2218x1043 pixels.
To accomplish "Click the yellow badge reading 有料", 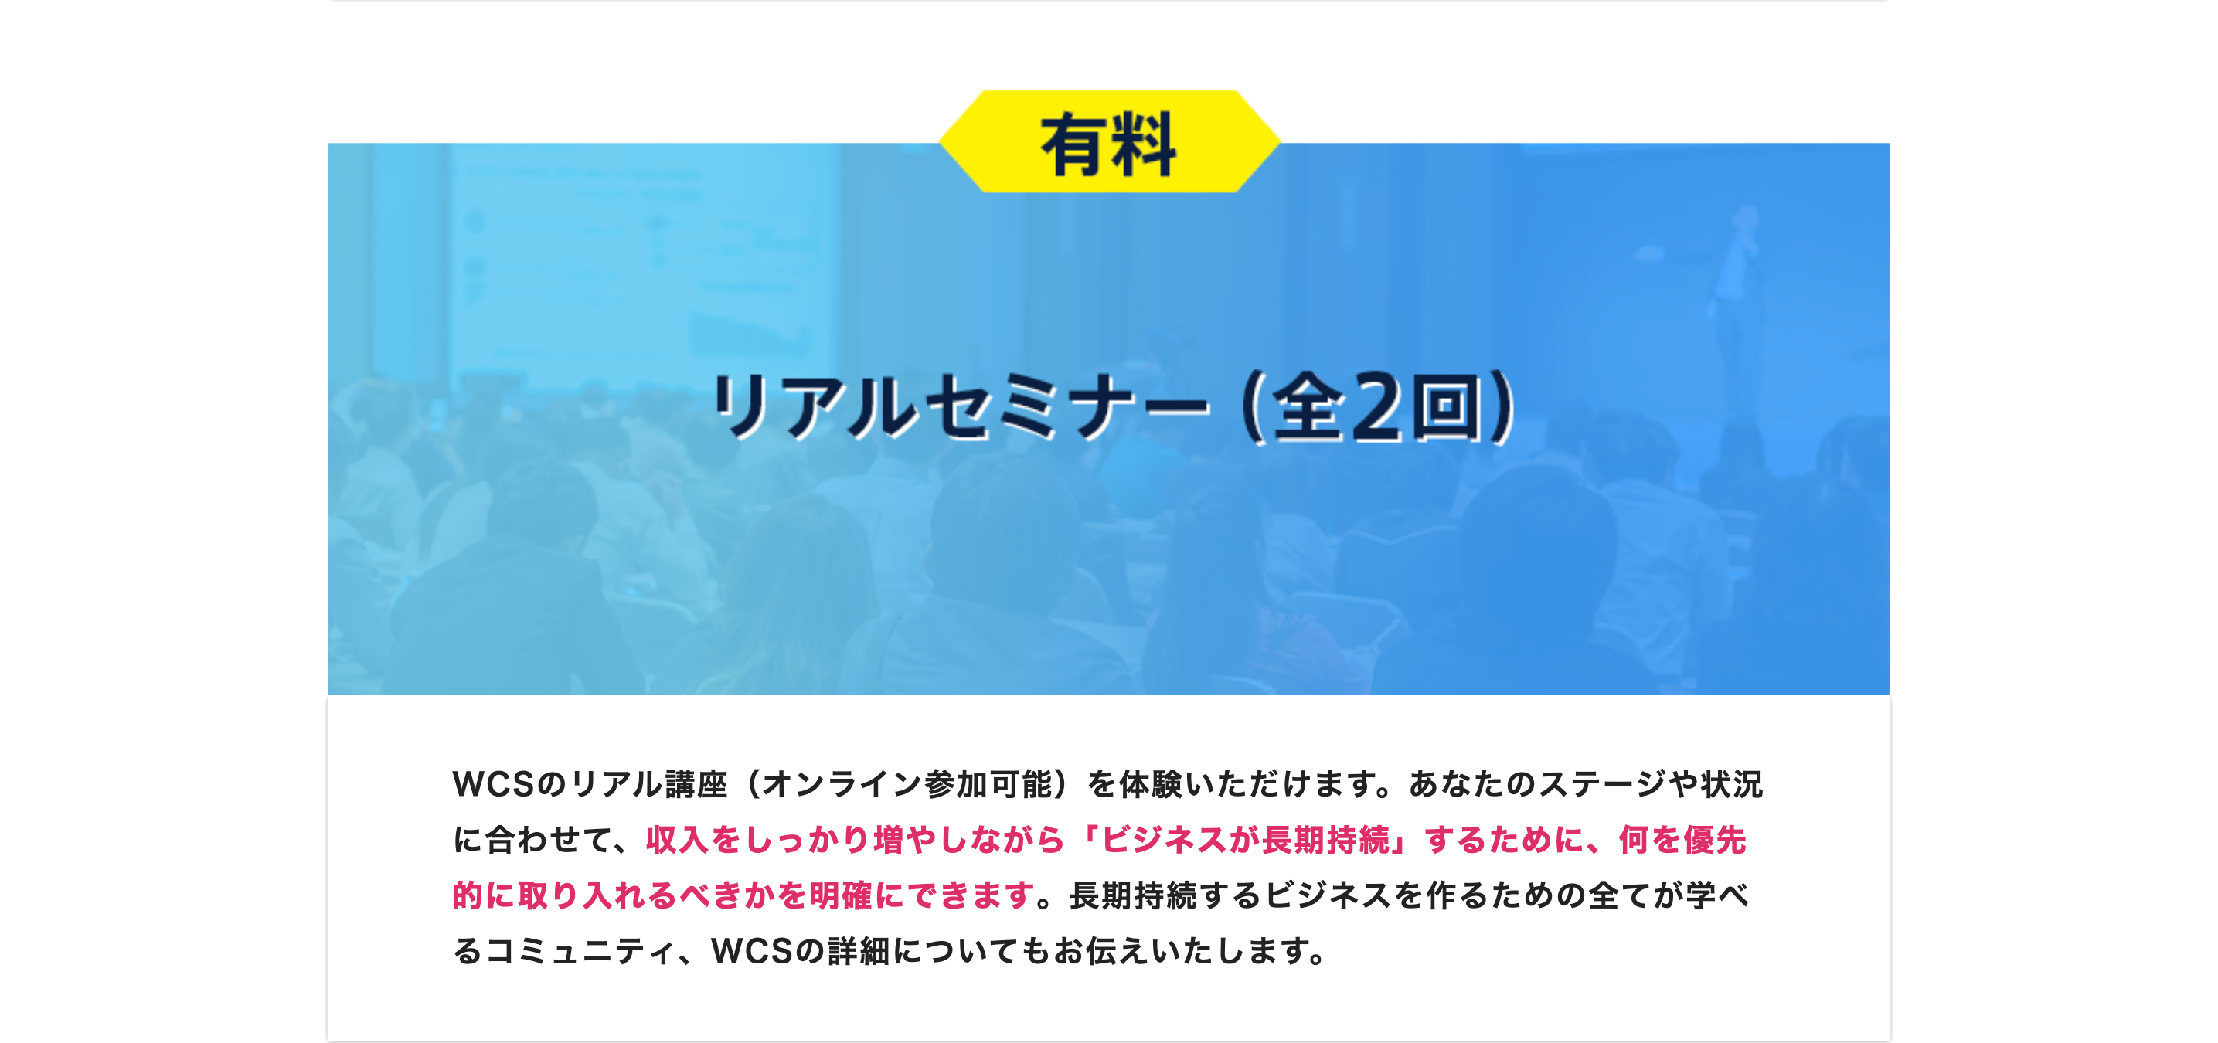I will click(1108, 143).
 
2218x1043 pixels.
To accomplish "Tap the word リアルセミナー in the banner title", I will click(960, 407).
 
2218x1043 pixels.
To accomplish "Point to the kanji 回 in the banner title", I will click(1450, 407).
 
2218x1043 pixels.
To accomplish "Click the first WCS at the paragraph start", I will click(492, 784).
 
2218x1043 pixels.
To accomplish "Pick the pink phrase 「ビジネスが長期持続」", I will click(1244, 840).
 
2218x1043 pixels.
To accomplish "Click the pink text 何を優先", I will click(1682, 840).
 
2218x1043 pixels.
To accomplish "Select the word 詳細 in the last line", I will click(859, 952).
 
